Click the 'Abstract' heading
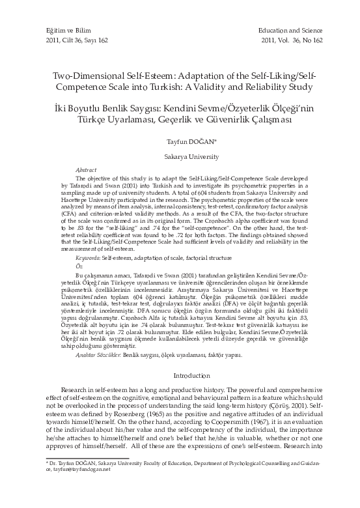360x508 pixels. [x=87, y=169]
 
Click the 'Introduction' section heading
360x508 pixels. [x=180, y=375]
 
